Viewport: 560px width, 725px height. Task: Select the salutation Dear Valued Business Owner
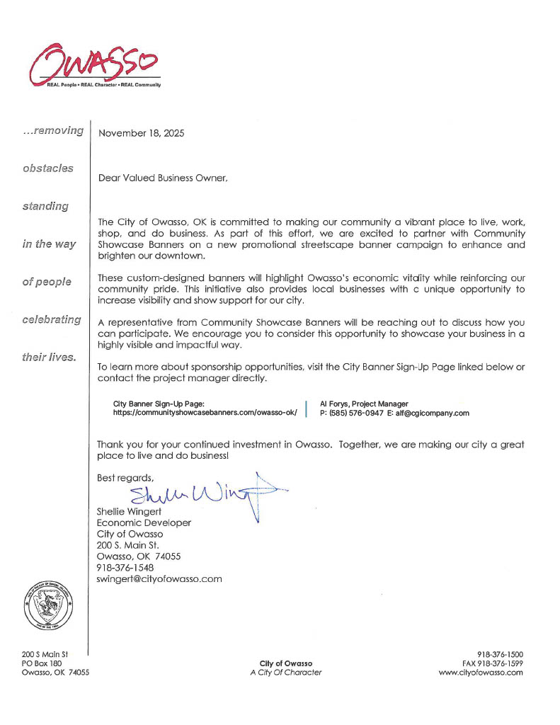163,179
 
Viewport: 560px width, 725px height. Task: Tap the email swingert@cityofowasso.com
159,578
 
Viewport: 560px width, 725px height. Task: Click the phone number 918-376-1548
125,567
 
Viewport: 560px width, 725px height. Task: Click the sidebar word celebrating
51,319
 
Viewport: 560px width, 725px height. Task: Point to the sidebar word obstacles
47,169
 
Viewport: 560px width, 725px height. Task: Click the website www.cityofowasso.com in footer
481,673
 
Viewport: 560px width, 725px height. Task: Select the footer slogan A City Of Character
286,673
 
